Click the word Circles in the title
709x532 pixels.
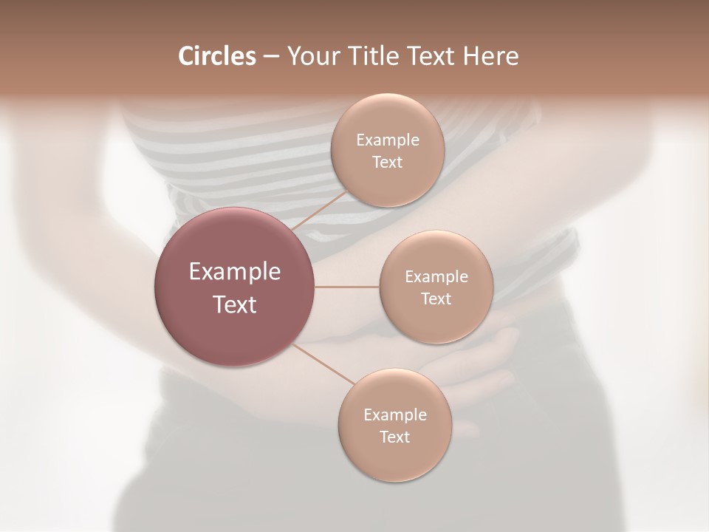216,56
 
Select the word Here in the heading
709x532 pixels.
491,56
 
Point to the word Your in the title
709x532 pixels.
311,56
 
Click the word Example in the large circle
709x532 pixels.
235,272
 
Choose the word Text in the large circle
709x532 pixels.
235,304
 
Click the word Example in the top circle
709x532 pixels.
388,140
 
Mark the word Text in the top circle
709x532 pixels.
388,162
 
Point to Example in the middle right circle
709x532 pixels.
436,277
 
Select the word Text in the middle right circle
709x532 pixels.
436,299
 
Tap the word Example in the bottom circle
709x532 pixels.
394,415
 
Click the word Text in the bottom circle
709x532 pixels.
394,437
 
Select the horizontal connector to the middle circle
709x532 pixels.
347,287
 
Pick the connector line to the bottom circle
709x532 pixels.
323,364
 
